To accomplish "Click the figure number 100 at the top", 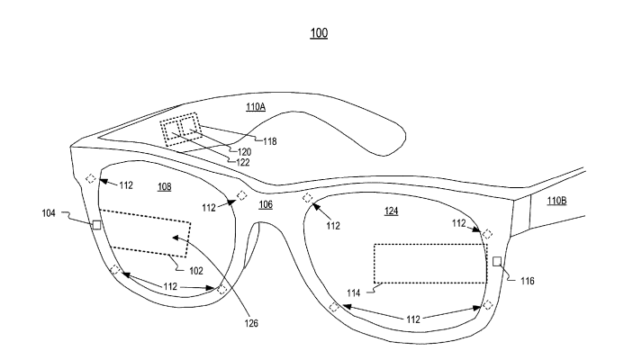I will point(318,33).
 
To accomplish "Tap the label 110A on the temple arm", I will point(256,106).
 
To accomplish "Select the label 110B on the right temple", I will point(556,201).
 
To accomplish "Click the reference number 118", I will point(267,140).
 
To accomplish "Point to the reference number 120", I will point(244,152).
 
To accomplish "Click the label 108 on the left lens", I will point(164,187).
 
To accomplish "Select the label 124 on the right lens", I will point(391,211).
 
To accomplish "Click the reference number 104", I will point(49,213).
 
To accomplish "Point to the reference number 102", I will point(195,269).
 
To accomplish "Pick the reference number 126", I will point(238,315).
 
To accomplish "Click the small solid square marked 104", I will point(96,224).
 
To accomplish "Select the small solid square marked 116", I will point(496,261).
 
